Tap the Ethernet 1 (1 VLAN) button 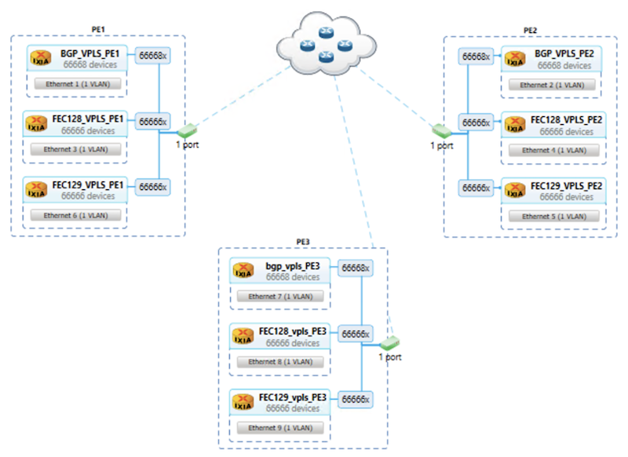[x=76, y=82]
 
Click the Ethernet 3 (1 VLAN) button [x=76, y=148]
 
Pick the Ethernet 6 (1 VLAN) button [x=76, y=214]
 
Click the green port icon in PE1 [x=186, y=128]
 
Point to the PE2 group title [x=530, y=30]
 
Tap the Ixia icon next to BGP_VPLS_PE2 [x=515, y=60]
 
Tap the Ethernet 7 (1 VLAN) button [x=279, y=296]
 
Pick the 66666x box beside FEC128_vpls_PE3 [x=356, y=334]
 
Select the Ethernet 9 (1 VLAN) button [x=279, y=428]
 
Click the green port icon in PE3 [x=389, y=343]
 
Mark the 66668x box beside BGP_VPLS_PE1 [x=152, y=56]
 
